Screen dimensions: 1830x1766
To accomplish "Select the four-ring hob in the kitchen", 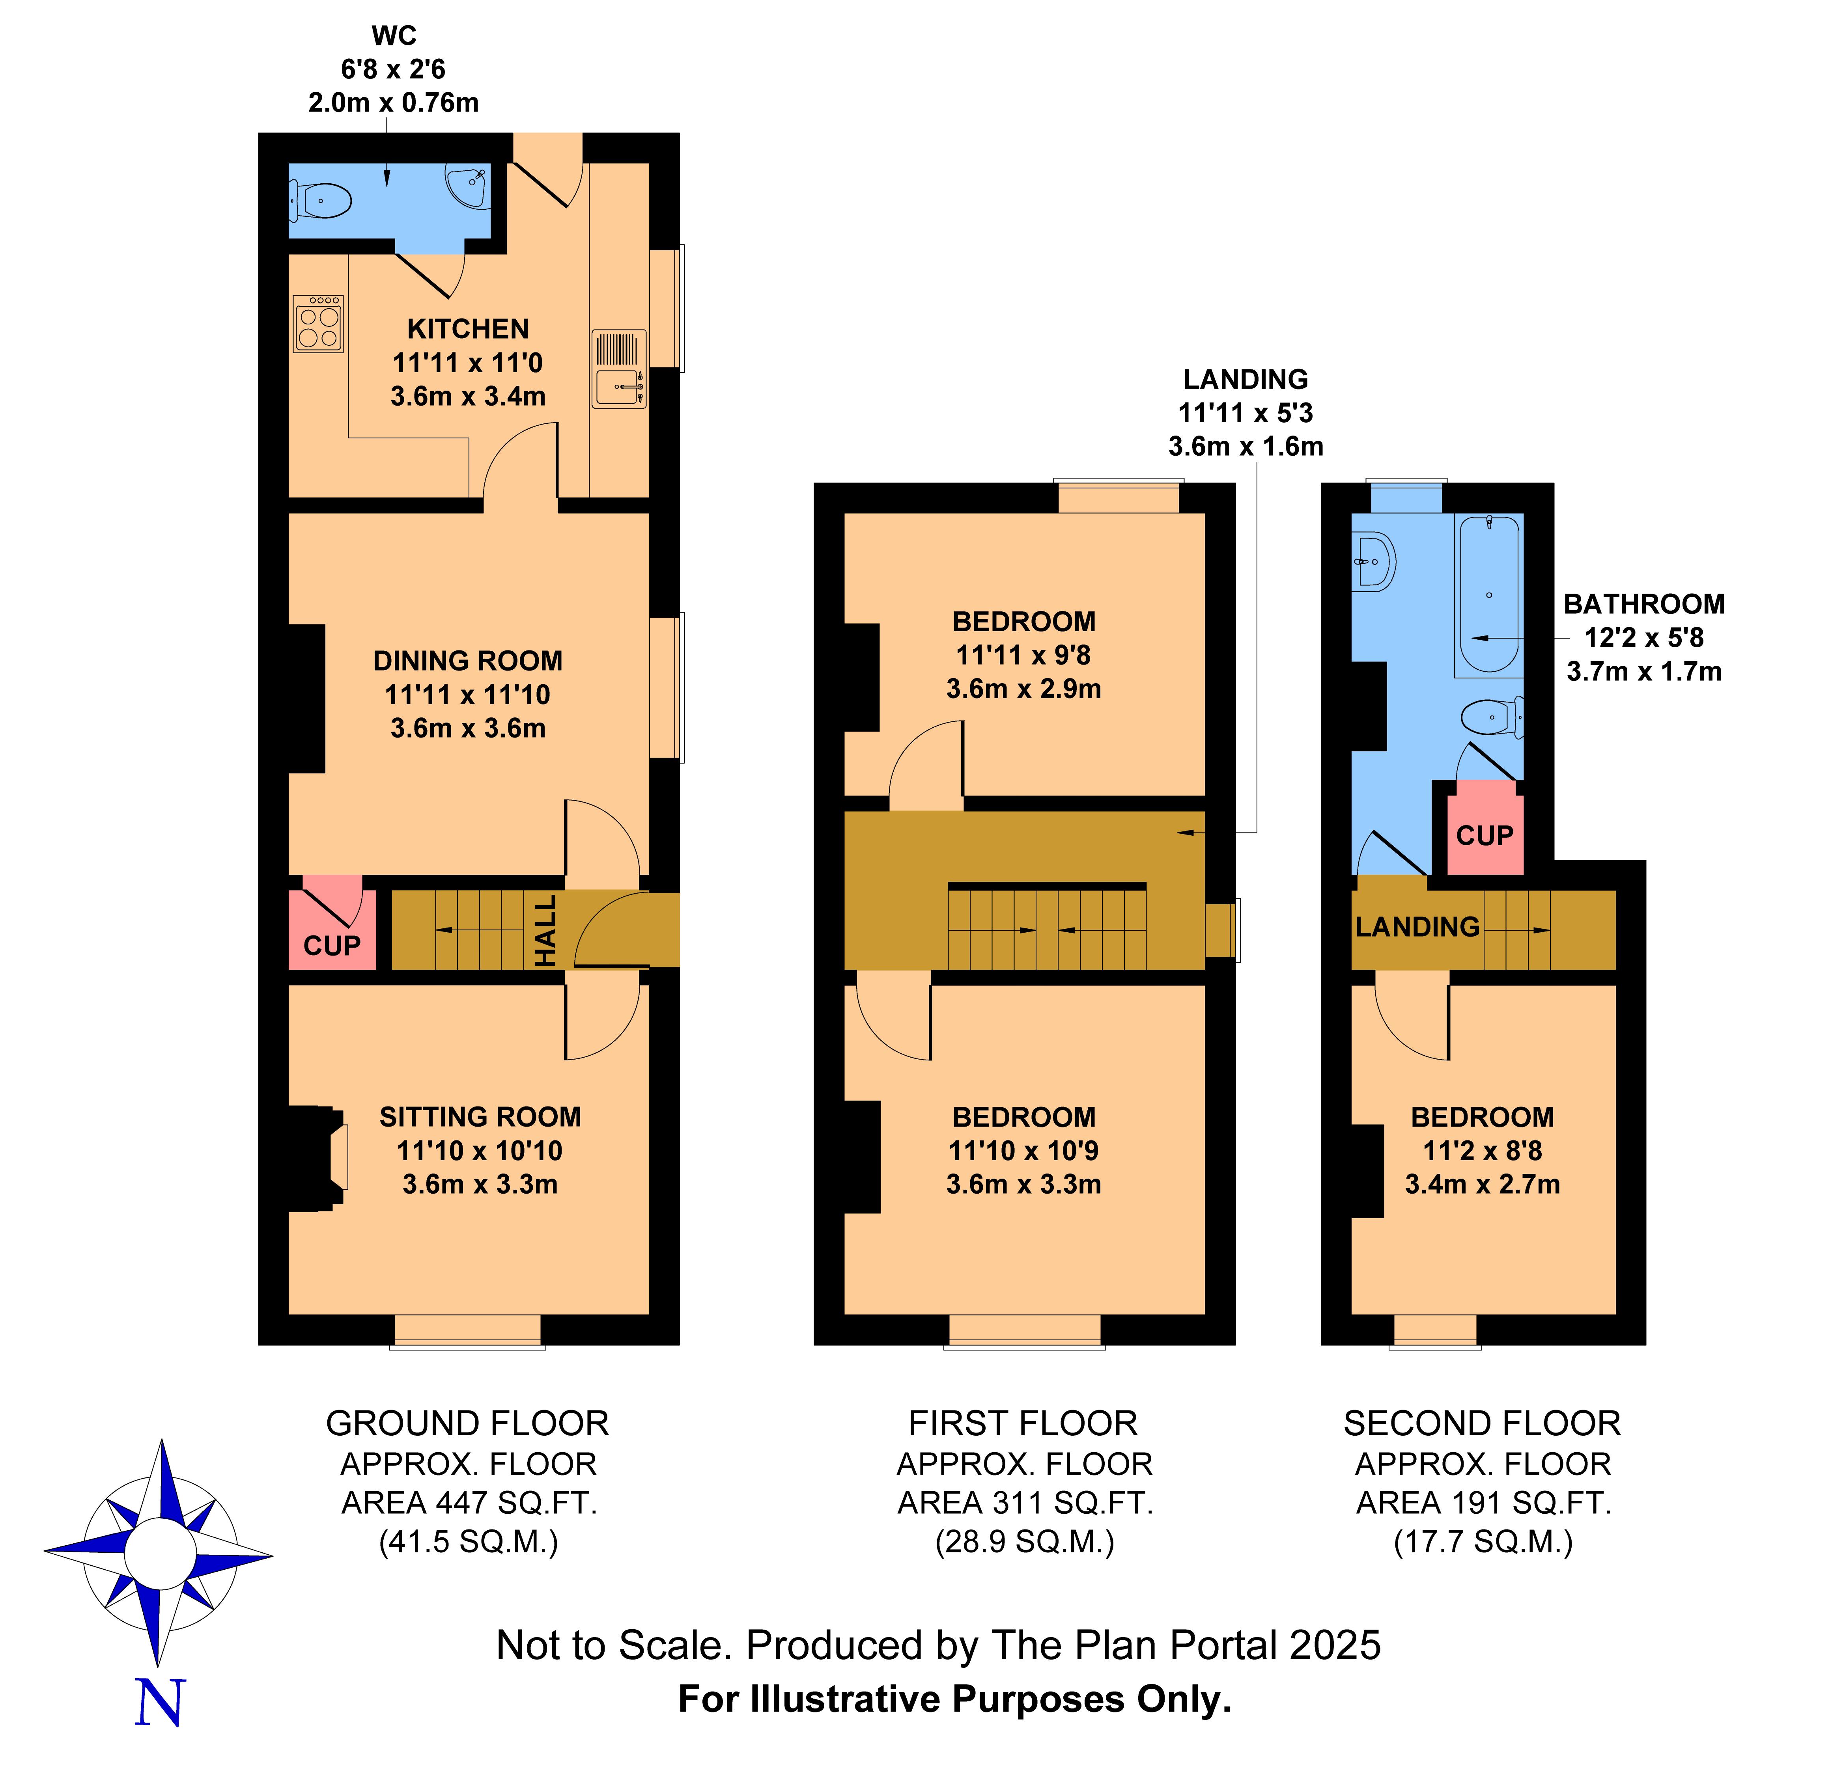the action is pos(318,323).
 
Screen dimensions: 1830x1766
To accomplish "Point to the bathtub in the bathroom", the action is pos(1488,596).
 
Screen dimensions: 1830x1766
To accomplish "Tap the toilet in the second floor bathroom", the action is pos(1492,718).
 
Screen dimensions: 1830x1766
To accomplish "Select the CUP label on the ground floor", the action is pos(332,946).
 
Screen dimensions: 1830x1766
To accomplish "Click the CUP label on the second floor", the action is pos(1485,835).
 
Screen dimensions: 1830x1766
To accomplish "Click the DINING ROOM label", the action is pos(468,661).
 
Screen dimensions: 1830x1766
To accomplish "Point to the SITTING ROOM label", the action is pos(480,1117).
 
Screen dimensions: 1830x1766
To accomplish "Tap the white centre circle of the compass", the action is pos(160,1555).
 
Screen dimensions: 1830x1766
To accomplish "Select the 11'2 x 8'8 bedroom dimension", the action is pos(1483,1151).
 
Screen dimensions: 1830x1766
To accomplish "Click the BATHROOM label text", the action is pos(1644,605).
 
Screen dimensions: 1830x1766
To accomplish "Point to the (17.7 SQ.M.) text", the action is pos(1484,1542).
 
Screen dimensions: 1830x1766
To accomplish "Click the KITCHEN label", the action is pos(468,330).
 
